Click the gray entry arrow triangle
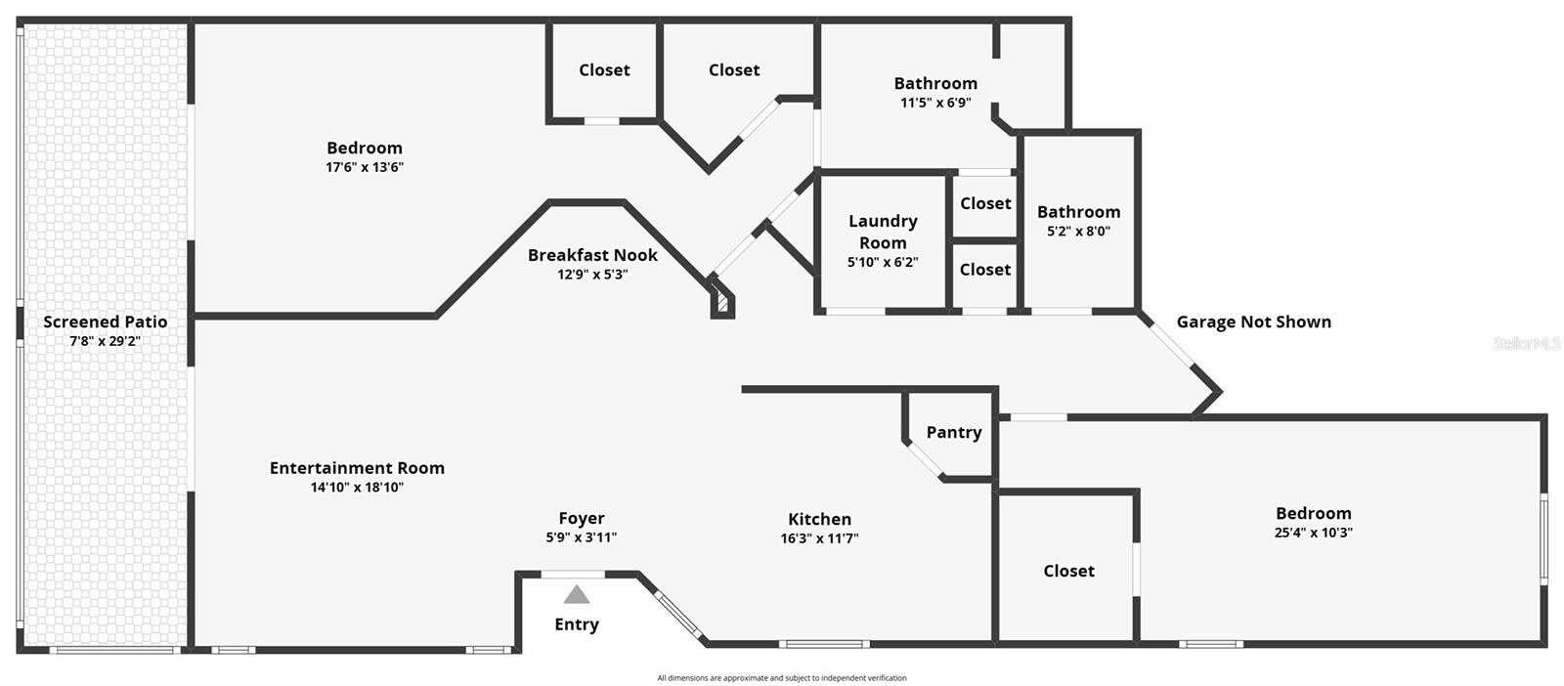(577, 594)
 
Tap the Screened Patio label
(105, 322)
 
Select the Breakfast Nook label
(592, 255)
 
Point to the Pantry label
(954, 432)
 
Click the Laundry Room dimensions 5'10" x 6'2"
(883, 262)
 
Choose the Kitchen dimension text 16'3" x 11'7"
(819, 538)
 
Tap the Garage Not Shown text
(1253, 322)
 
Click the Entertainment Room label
(357, 468)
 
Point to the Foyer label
(582, 518)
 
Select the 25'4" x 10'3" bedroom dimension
(1313, 533)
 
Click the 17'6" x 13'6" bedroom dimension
(365, 167)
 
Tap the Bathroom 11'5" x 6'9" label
(935, 84)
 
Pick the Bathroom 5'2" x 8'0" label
(1078, 212)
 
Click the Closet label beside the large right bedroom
(1068, 571)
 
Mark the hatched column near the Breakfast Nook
(722, 304)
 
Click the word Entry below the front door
(577, 624)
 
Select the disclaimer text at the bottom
(782, 678)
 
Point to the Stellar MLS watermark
(1526, 344)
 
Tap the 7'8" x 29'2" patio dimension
(105, 341)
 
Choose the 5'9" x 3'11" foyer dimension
(582, 537)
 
